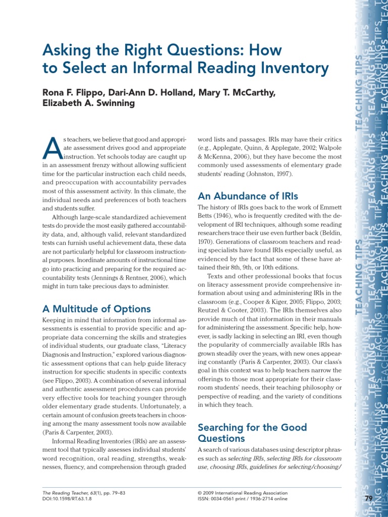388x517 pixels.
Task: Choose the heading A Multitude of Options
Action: click(x=96, y=308)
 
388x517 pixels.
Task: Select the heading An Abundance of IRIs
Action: click(x=248, y=196)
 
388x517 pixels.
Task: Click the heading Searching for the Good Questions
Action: click(x=252, y=433)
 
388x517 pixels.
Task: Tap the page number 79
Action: click(x=368, y=499)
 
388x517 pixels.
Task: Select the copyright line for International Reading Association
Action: click(x=242, y=493)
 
